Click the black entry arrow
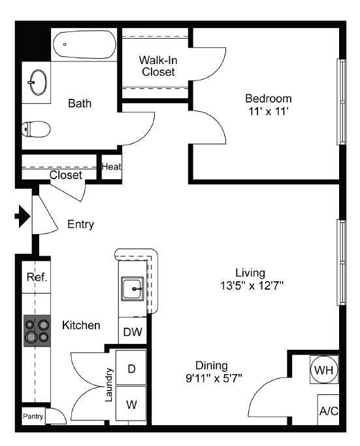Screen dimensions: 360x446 (22, 216)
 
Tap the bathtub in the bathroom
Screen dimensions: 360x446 (85, 44)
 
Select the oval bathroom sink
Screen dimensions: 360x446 (38, 82)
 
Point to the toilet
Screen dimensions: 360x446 (36, 129)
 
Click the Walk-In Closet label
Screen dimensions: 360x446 (158, 65)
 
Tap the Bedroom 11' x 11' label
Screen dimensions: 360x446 (269, 105)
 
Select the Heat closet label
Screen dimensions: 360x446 (111, 167)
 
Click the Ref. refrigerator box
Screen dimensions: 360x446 (37, 277)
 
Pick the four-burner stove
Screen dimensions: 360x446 (37, 330)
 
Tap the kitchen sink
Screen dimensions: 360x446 (133, 288)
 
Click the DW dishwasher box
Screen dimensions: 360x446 (133, 331)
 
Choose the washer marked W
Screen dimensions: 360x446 (131, 403)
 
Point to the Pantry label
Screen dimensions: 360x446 (33, 417)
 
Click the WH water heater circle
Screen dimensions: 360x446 (324, 370)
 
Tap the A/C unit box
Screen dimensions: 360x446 (329, 410)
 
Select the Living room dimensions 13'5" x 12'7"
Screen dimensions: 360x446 (252, 285)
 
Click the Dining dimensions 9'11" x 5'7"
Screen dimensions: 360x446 (214, 378)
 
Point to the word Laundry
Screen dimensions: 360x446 (109, 385)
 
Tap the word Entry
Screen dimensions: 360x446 (81, 224)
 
